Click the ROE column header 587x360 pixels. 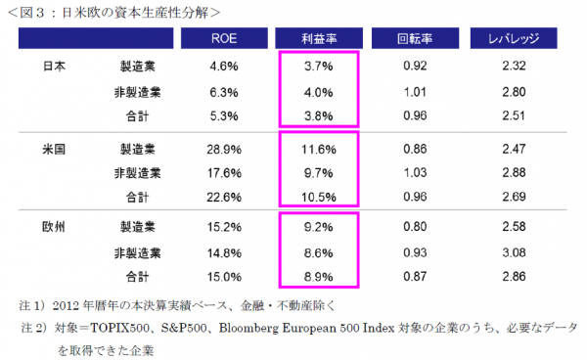(224, 40)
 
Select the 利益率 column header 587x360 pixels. (318, 40)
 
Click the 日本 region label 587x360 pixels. (57, 67)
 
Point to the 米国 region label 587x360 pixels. (57, 149)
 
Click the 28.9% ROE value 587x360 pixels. (224, 149)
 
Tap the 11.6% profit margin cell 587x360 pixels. (318, 149)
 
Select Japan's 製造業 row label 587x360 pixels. (137, 67)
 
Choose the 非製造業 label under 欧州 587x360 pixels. (133, 253)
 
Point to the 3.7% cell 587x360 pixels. (318, 67)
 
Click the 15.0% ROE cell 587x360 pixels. (224, 277)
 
